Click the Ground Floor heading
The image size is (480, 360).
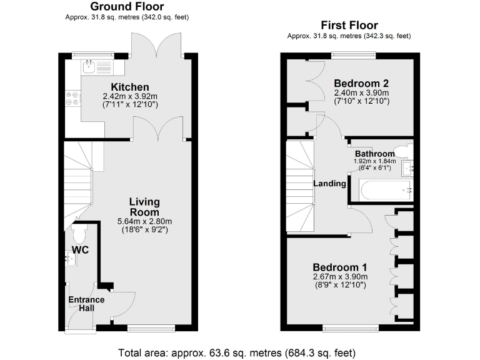tap(127, 7)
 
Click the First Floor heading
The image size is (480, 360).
tap(349, 26)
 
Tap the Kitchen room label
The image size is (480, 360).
tap(130, 87)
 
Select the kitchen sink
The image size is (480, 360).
tap(91, 64)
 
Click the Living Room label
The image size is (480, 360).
tap(144, 207)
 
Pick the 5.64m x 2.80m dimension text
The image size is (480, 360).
tap(144, 221)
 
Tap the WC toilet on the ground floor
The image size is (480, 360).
tap(79, 235)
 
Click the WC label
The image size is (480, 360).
tap(80, 251)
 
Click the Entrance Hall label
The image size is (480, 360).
tap(86, 304)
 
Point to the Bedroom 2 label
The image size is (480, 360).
tap(361, 84)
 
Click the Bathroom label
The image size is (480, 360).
tap(374, 154)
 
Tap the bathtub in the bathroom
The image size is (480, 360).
tap(385, 190)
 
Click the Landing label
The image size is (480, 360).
tap(329, 184)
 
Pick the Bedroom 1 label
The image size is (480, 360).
tap(340, 266)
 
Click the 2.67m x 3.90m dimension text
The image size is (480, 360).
tap(340, 277)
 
